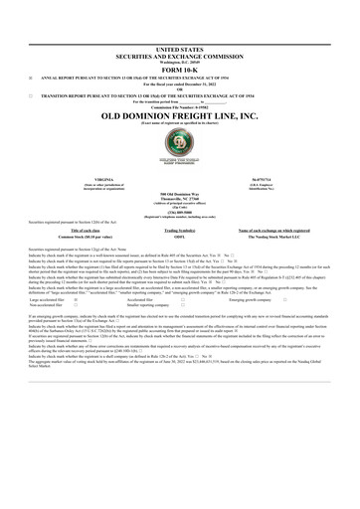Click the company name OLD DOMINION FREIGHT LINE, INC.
[x=179, y=116]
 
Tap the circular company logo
[x=179, y=146]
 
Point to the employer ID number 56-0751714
[x=269, y=178]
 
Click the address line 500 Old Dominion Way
[x=179, y=192]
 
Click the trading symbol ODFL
[x=179, y=237]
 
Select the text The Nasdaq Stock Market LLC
[x=269, y=237]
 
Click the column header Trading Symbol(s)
[x=179, y=229]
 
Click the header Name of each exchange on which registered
[x=269, y=229]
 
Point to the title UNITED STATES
[x=179, y=48]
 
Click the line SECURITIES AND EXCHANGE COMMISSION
[x=179, y=54]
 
